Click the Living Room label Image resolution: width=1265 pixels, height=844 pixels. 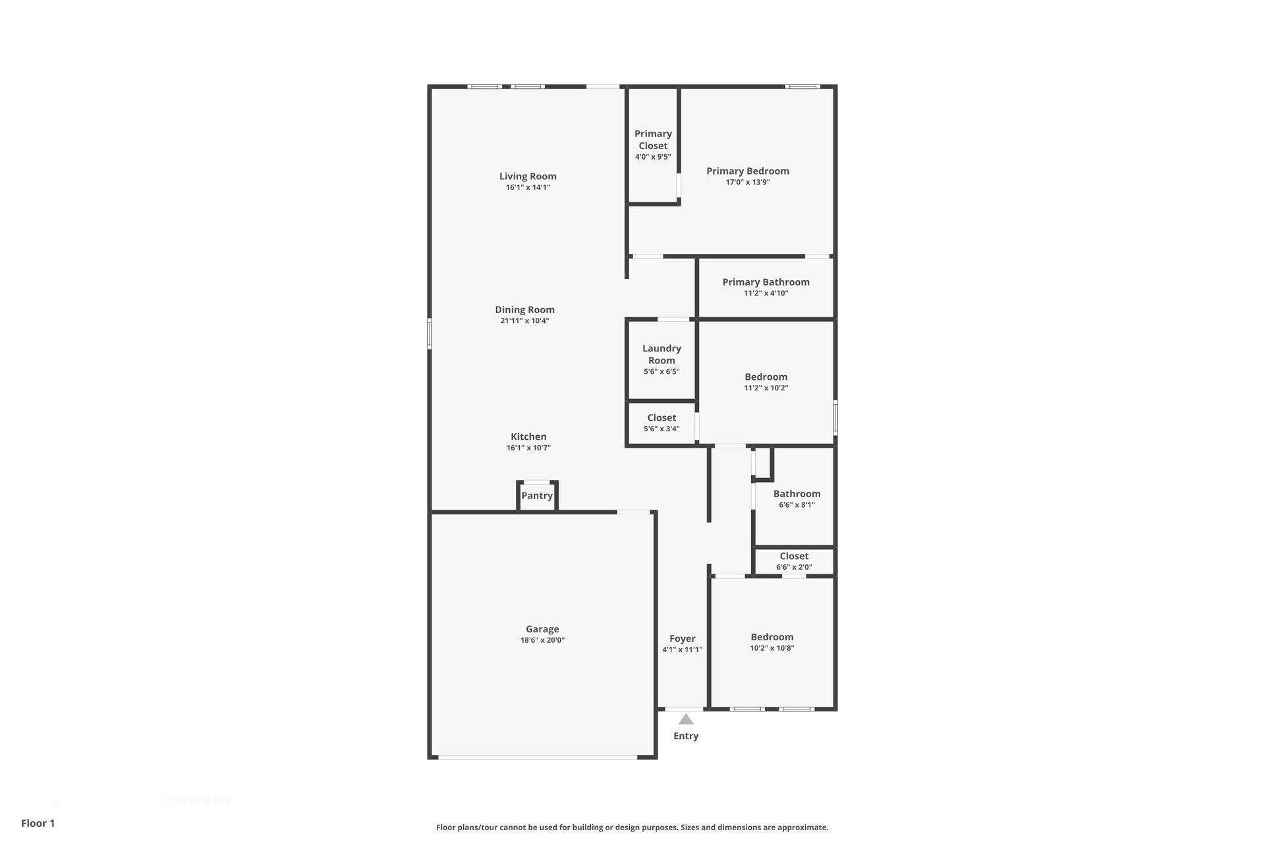(x=528, y=176)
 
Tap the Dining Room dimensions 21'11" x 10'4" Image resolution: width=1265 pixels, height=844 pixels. (x=524, y=321)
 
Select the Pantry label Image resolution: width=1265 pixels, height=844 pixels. (x=537, y=496)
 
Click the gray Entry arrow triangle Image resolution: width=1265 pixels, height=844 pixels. (x=686, y=719)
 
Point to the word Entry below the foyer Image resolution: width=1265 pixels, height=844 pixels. (x=686, y=736)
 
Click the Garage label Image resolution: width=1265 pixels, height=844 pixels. (x=542, y=629)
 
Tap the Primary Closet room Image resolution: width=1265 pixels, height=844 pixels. (x=653, y=144)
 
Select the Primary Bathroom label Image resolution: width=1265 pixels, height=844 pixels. (x=766, y=282)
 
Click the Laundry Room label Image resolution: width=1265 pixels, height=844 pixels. (x=661, y=354)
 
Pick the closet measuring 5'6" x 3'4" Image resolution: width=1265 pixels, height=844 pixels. (x=661, y=423)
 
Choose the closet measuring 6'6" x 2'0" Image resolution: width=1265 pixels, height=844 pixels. (x=794, y=561)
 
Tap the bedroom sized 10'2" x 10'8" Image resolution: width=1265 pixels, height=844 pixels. (x=772, y=642)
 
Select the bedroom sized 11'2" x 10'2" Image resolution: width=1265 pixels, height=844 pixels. (x=766, y=382)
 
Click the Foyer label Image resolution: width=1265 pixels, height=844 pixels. (x=683, y=638)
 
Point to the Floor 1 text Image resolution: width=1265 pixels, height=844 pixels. (x=38, y=823)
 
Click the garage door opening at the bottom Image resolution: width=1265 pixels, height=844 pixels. (x=538, y=757)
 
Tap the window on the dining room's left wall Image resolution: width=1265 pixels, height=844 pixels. (x=430, y=333)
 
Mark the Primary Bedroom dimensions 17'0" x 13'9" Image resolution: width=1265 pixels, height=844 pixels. (x=748, y=183)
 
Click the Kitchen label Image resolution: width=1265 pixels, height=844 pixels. (x=528, y=437)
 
